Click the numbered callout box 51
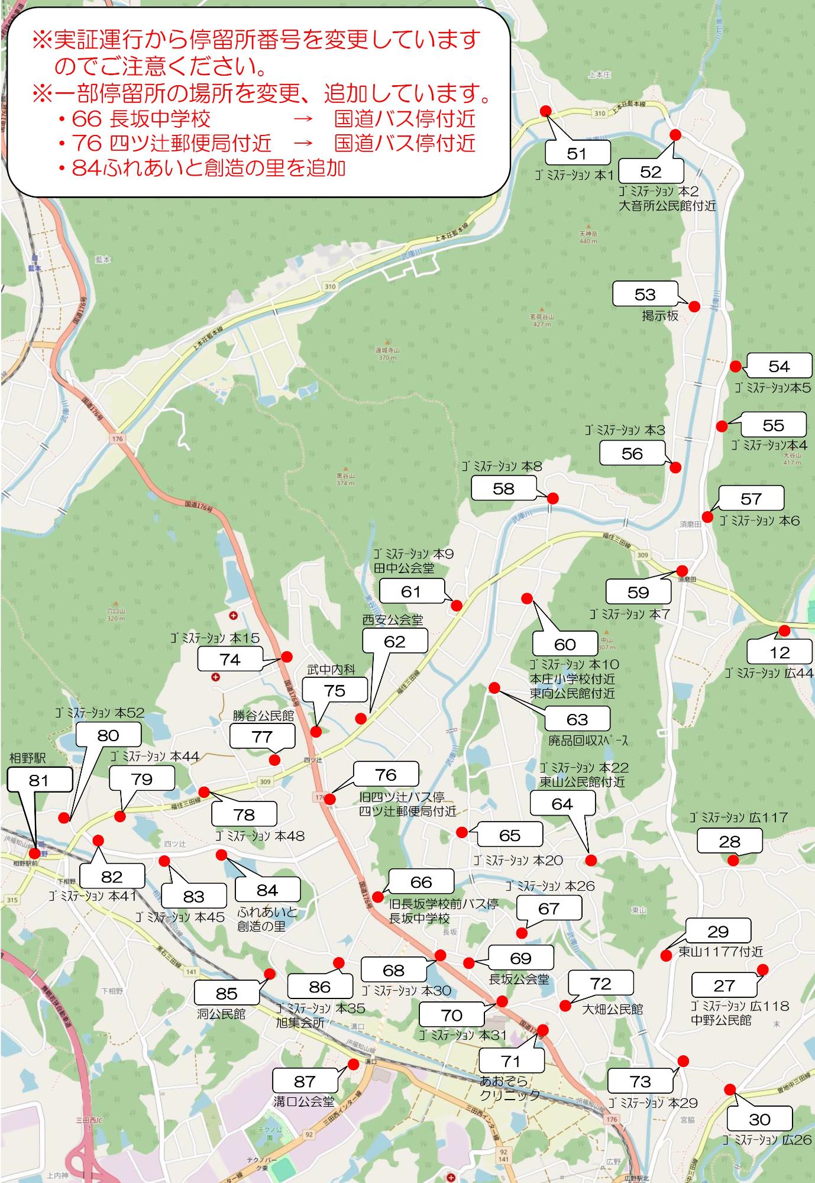[x=577, y=153]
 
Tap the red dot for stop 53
[x=694, y=306]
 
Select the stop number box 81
[x=39, y=780]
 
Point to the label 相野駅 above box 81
[x=27, y=758]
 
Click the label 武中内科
[x=331, y=670]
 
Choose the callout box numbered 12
[x=780, y=652]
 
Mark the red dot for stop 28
[x=733, y=861]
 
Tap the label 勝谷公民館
[x=263, y=716]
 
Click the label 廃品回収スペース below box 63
[x=588, y=740]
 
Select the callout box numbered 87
[x=305, y=1081]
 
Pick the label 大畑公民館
[x=612, y=1009]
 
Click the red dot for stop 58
[x=552, y=499]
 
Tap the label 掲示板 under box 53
[x=660, y=316]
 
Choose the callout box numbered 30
[x=759, y=1119]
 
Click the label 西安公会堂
[x=393, y=620]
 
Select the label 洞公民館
[x=221, y=1014]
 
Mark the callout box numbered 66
[x=421, y=882]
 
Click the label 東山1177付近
[x=720, y=952]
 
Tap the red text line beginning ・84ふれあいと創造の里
[x=201, y=169]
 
